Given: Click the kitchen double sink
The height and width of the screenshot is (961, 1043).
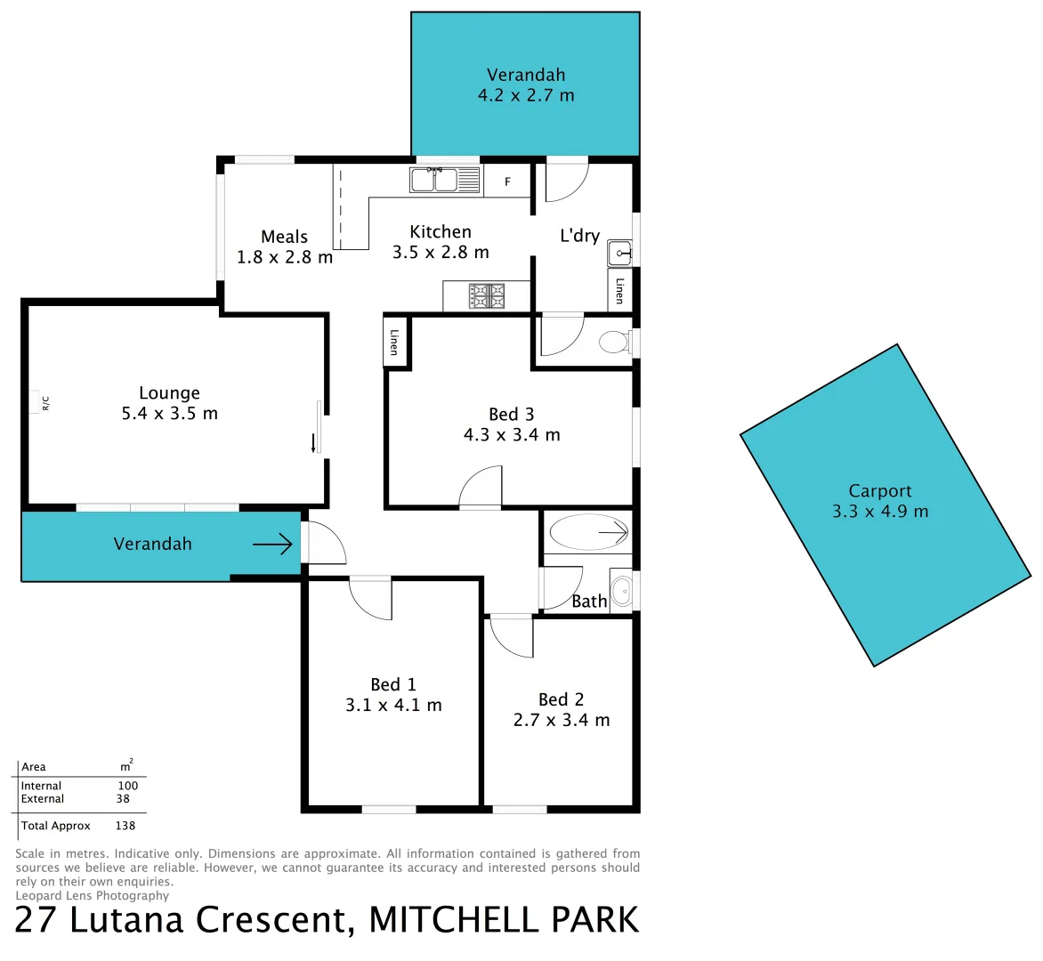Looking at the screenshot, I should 434,180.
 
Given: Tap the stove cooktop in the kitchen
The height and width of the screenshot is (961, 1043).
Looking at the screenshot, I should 487,296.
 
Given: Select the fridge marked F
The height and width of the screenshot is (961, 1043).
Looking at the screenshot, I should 507,182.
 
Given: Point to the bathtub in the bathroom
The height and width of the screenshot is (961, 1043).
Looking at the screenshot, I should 588,533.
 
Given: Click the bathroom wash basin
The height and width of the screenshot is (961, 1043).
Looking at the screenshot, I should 622,588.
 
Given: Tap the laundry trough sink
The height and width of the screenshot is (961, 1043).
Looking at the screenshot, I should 620,254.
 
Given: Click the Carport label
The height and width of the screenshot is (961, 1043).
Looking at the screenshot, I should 879,491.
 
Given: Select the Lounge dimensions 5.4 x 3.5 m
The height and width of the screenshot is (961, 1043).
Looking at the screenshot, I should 169,414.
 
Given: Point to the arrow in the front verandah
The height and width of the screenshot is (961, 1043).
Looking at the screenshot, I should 273,544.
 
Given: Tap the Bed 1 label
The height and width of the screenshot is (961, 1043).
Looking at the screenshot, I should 393,684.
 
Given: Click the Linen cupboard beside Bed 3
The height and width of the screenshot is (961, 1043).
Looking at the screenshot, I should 395,341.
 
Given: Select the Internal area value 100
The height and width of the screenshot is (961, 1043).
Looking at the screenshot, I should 128,786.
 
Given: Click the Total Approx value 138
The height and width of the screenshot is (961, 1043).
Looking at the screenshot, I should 125,826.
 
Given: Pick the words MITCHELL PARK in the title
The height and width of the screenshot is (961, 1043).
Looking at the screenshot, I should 504,920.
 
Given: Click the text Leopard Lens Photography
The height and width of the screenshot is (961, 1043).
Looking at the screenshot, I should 93,896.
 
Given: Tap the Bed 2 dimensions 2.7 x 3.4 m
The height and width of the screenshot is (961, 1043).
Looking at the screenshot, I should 562,720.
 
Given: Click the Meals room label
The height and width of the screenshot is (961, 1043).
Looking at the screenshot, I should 284,237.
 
